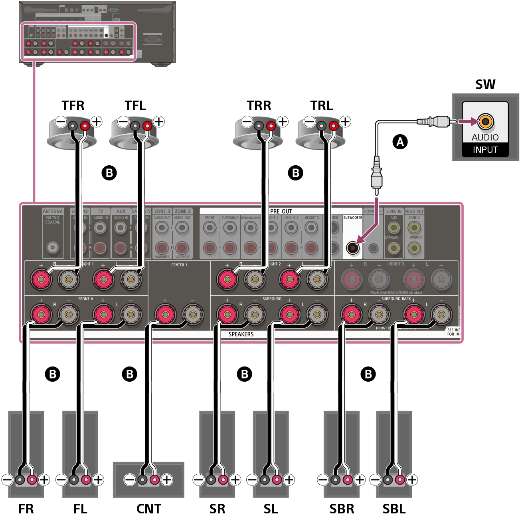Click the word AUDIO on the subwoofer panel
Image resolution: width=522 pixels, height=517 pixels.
coord(485,137)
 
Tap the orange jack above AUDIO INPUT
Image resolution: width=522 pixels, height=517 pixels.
coord(485,121)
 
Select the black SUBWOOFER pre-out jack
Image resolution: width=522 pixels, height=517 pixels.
coord(352,248)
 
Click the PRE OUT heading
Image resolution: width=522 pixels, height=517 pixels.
coord(281,211)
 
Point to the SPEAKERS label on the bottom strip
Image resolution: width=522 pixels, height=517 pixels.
coord(241,334)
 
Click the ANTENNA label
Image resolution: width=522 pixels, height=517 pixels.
coord(53,212)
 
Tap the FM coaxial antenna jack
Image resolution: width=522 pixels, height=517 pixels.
coord(53,248)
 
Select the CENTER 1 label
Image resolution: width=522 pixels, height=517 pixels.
coord(179,265)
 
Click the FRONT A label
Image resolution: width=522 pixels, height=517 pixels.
coord(85,299)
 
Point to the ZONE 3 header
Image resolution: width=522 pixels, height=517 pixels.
coord(162,212)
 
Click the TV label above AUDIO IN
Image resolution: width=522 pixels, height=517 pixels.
coord(101,212)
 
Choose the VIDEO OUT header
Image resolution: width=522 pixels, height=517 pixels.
coord(414,212)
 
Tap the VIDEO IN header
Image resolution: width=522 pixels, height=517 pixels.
coord(393,212)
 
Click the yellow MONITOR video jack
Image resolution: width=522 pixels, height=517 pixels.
coord(414,248)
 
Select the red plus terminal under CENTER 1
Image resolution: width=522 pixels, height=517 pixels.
coord(165,314)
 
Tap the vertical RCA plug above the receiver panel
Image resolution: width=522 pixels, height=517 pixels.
coord(376,174)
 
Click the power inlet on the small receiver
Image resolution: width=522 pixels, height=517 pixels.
coord(152,39)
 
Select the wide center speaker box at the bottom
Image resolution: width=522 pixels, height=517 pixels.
coord(148,479)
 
